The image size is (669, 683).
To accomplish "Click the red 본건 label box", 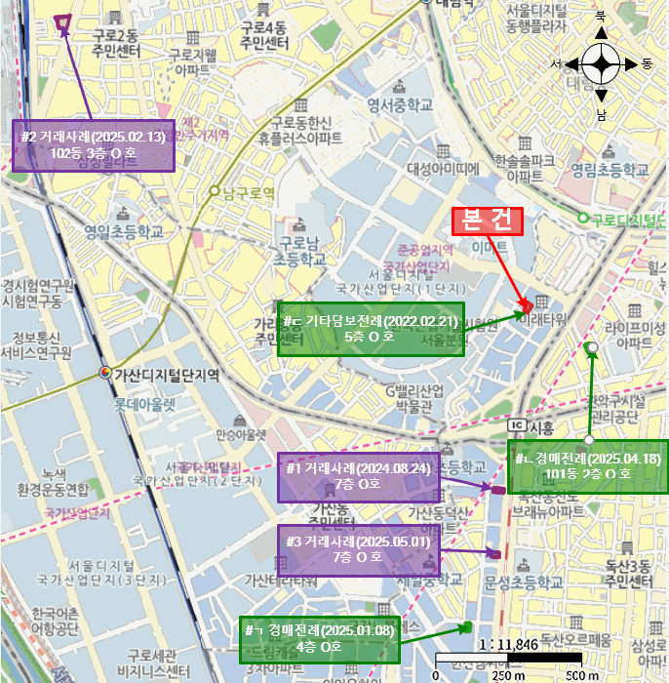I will click(x=488, y=221).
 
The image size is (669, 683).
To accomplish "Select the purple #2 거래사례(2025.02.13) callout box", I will click(x=93, y=145).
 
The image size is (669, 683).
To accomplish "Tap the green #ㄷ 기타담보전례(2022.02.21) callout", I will click(x=371, y=329).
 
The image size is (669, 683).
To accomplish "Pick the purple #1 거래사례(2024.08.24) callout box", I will click(x=358, y=477).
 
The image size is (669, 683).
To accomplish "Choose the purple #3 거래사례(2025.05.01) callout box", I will click(x=358, y=549).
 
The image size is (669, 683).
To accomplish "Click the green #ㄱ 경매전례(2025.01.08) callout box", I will click(x=320, y=638).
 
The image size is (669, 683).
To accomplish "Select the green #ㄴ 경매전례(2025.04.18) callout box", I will click(x=589, y=466).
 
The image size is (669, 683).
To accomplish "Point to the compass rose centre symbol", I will click(x=602, y=64).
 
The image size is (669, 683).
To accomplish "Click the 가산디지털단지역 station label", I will click(x=166, y=375).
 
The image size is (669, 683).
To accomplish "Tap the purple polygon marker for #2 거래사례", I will click(x=63, y=22).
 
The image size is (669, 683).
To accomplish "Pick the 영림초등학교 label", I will click(x=610, y=169).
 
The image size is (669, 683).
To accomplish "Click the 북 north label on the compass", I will click(x=602, y=16).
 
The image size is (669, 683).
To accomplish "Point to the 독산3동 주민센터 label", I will click(x=627, y=575).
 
